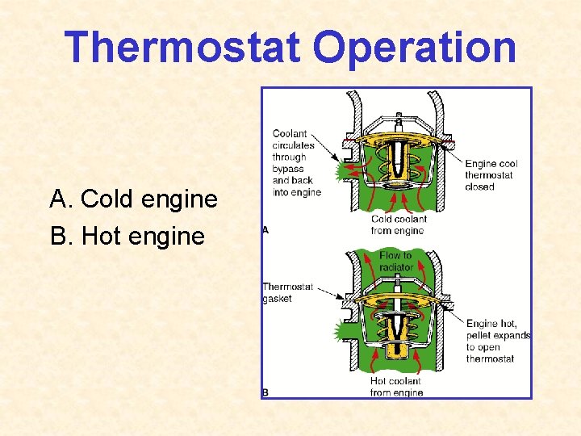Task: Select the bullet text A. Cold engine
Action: point(134,199)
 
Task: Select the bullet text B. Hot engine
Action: point(127,237)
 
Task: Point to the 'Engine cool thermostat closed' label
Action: point(491,175)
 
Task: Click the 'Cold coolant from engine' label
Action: point(399,224)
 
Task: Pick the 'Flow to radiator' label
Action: point(395,261)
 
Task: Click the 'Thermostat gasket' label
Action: point(287,292)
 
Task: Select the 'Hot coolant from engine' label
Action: point(395,387)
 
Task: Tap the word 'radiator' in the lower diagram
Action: point(395,266)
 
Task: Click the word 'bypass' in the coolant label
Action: point(288,170)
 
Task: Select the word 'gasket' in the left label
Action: point(278,299)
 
